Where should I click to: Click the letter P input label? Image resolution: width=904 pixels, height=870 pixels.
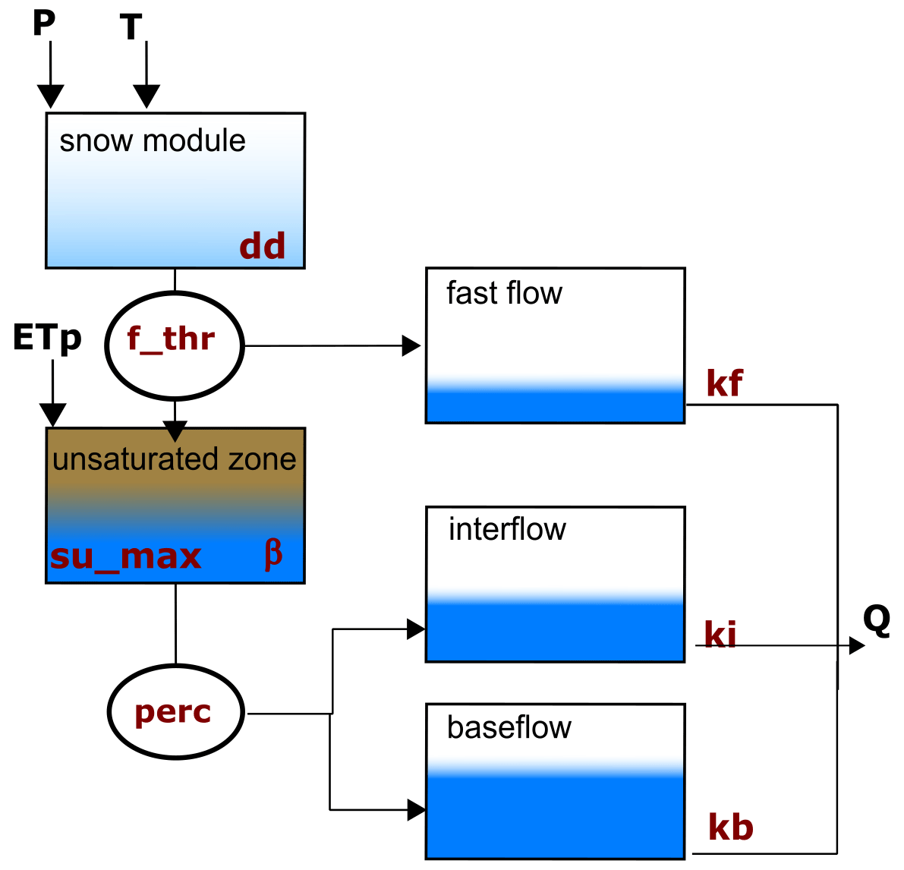[x=44, y=24]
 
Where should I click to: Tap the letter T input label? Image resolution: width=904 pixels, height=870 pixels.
[x=131, y=28]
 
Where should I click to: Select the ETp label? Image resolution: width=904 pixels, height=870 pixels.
[x=47, y=338]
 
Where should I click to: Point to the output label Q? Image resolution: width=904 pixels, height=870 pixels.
[x=877, y=620]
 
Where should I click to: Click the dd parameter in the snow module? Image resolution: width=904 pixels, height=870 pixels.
[x=263, y=246]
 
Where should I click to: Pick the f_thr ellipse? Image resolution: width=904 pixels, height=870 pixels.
[x=174, y=345]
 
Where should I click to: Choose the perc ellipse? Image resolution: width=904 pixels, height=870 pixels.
[x=175, y=712]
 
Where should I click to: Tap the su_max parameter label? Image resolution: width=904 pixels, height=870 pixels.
[x=126, y=556]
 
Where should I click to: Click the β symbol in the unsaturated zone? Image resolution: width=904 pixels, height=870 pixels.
[x=273, y=554]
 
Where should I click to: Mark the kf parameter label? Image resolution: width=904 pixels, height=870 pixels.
[x=724, y=383]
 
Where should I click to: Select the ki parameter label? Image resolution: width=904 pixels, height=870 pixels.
[x=720, y=635]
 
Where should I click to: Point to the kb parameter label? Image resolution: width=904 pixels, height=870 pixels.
[x=730, y=827]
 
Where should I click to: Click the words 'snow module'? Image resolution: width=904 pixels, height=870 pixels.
[x=153, y=141]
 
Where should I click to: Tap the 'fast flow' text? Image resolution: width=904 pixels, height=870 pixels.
[x=504, y=293]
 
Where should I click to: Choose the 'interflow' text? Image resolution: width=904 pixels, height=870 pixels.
[x=507, y=529]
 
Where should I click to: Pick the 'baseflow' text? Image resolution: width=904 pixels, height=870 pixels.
[x=509, y=727]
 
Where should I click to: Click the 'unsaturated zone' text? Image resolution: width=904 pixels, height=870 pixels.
[x=175, y=459]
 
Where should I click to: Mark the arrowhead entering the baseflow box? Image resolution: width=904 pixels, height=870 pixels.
[x=417, y=810]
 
